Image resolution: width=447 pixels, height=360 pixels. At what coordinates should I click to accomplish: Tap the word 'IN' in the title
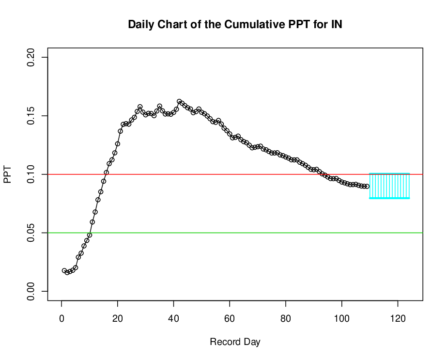pyautogui.click(x=337, y=25)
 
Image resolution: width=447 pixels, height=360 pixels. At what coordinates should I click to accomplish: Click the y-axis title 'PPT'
pyautogui.click(x=7, y=174)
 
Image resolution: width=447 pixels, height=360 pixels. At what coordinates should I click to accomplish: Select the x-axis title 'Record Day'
pyautogui.click(x=235, y=342)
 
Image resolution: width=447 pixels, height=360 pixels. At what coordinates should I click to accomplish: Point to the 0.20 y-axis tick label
pyautogui.click(x=31, y=57)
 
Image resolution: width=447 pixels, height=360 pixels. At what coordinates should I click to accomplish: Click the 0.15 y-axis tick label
pyautogui.click(x=31, y=116)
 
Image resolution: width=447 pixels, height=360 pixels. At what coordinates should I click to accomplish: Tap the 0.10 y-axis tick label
pyautogui.click(x=31, y=174)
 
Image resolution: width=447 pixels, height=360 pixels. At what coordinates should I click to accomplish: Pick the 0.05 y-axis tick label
pyautogui.click(x=31, y=233)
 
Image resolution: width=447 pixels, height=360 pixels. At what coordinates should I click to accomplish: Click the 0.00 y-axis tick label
pyautogui.click(x=31, y=291)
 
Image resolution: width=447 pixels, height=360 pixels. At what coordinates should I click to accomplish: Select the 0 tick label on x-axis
pyautogui.click(x=62, y=318)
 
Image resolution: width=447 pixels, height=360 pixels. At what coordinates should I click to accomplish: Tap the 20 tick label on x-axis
pyautogui.click(x=118, y=318)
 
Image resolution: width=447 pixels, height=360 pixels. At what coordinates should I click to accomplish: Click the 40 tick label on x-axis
pyautogui.click(x=173, y=318)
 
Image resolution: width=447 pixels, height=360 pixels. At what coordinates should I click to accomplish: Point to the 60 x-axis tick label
pyautogui.click(x=230, y=318)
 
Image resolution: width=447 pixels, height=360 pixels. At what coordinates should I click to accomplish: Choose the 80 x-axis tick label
pyautogui.click(x=286, y=318)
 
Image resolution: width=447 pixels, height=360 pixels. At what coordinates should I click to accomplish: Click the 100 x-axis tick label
pyautogui.click(x=341, y=318)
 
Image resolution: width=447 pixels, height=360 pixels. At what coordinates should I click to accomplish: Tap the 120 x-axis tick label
pyautogui.click(x=398, y=318)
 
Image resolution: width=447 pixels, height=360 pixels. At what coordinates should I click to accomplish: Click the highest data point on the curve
pyautogui.click(x=179, y=102)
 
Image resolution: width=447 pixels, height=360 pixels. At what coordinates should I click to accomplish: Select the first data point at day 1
pyautogui.click(x=64, y=270)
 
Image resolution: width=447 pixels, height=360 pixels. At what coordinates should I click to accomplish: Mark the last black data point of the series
pyautogui.click(x=367, y=186)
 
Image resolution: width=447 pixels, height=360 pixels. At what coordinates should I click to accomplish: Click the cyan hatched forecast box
pyautogui.click(x=389, y=186)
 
